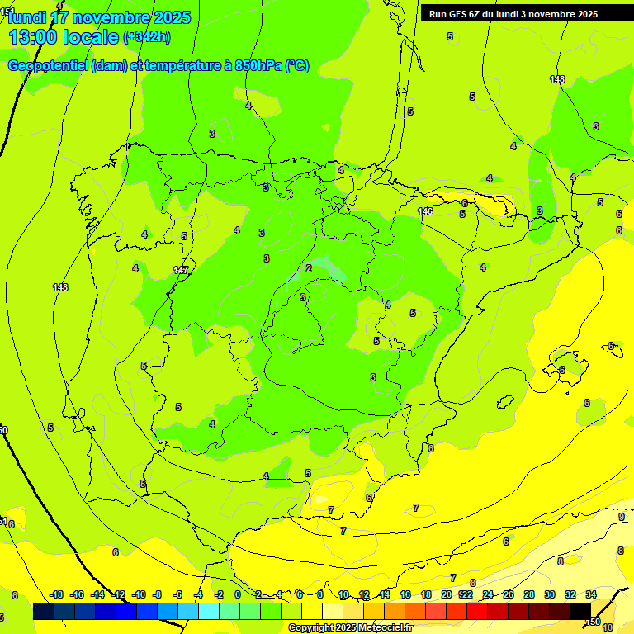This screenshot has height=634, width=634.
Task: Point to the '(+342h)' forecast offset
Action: point(147,37)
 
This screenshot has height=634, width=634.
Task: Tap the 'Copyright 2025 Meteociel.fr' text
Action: point(350,628)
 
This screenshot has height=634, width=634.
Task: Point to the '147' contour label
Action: point(181,270)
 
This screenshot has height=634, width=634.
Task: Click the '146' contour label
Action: point(425,212)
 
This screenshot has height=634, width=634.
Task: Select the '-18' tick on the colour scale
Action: point(57,594)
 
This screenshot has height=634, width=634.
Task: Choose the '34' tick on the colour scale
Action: point(591,594)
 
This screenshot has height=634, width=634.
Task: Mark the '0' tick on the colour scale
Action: point(238,594)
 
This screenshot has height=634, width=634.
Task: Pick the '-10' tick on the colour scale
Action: point(139,594)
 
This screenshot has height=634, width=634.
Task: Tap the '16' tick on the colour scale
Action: point(405,594)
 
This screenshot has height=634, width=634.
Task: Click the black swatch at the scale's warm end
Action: point(580,611)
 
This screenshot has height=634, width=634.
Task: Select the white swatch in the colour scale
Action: point(333,611)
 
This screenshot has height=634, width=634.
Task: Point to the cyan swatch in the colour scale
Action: point(209,611)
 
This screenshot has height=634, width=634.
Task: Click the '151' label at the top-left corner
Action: point(7,11)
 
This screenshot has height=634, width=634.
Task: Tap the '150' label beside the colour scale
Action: point(593,622)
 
